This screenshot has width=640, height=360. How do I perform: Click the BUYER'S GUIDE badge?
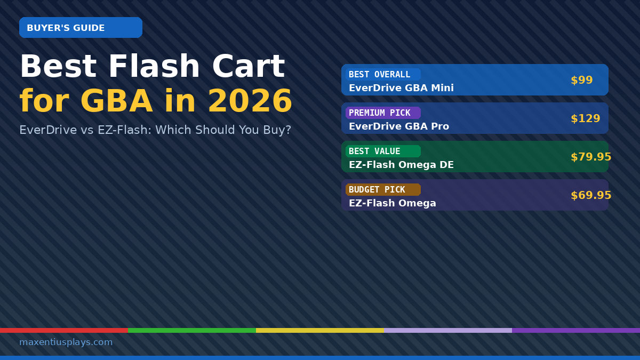(x=81, y=28)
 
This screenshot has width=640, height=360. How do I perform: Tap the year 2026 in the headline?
(x=250, y=101)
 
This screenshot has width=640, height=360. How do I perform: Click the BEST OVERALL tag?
(x=383, y=75)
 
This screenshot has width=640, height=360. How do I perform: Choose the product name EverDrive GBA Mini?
(x=401, y=88)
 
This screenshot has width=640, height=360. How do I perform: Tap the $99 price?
(x=581, y=80)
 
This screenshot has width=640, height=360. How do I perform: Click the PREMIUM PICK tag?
(x=383, y=113)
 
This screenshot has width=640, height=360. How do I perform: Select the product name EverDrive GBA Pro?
(x=399, y=126)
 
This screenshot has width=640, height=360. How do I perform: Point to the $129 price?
(x=585, y=118)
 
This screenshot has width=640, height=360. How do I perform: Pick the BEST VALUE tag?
(x=383, y=151)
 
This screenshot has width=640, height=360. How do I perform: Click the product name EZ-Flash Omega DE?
(x=401, y=165)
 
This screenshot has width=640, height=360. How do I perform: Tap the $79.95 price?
(x=590, y=157)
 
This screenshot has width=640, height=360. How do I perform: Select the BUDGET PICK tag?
(x=383, y=190)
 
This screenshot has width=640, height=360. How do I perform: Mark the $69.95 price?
(x=590, y=195)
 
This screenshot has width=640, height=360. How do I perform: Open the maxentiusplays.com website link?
(x=66, y=342)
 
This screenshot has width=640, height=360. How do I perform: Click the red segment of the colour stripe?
(x=64, y=330)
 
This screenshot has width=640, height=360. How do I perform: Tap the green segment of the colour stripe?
(x=192, y=330)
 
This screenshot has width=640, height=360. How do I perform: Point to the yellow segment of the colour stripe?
(x=320, y=330)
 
